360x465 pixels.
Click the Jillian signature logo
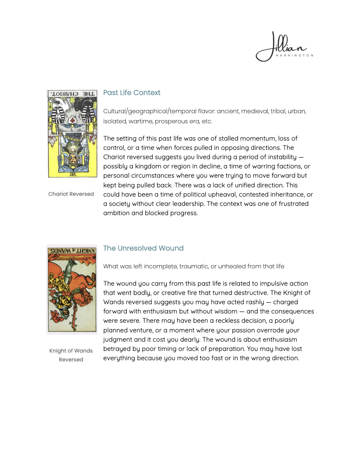pos(282,46)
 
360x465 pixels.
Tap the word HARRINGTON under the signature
pos(294,56)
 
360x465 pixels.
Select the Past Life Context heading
pos(132,93)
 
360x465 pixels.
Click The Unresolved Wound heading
pos(143,248)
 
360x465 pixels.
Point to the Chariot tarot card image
pos(72,134)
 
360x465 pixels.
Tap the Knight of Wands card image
pos(72,289)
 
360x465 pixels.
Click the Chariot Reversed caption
pos(71,194)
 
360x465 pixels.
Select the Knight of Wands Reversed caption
pos(71,355)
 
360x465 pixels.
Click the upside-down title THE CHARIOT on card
pos(72,94)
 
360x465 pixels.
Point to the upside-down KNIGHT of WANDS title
pos(72,250)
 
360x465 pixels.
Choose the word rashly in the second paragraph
pos(253,302)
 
